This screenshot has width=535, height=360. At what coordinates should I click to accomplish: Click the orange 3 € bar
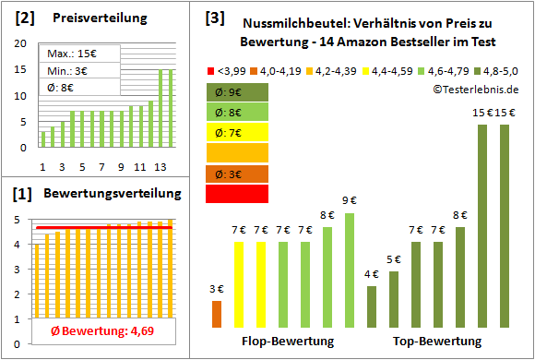click(x=217, y=313)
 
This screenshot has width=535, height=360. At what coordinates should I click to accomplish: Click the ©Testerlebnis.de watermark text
click(x=475, y=89)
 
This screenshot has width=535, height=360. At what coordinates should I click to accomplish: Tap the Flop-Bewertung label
click(x=287, y=342)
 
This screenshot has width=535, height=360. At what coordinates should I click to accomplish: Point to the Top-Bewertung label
click(x=437, y=342)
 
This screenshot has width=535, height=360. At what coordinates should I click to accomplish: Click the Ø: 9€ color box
click(x=238, y=92)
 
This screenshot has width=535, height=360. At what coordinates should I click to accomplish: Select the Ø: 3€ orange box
click(x=238, y=174)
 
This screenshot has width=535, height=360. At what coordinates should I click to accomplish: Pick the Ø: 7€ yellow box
click(x=238, y=133)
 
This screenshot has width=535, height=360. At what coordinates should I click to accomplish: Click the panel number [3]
click(x=215, y=17)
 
